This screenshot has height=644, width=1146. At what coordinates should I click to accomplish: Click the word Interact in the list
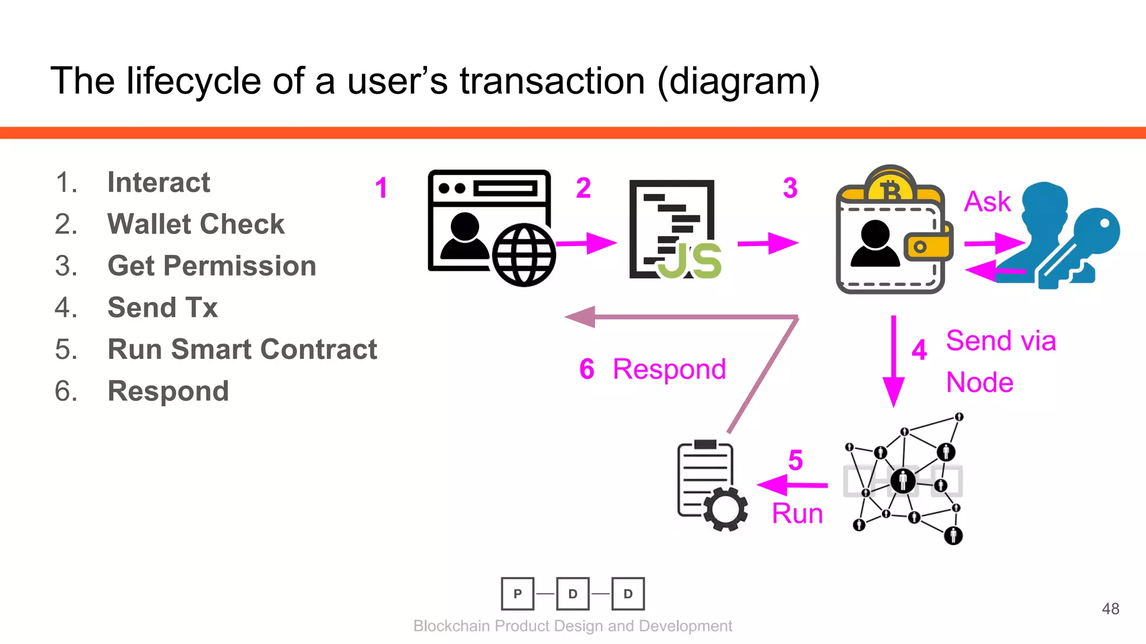158,182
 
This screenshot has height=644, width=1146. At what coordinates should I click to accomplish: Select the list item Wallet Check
195,224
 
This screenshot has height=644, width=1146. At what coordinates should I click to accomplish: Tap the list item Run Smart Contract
242,349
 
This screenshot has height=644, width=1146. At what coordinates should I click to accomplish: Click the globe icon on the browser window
524,255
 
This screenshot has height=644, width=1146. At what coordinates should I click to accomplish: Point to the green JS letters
690,262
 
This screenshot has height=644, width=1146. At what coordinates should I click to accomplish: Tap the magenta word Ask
987,202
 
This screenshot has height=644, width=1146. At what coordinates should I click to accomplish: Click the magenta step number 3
790,188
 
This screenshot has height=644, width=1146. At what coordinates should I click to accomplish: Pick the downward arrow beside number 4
893,361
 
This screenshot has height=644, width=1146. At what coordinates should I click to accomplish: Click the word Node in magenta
979,383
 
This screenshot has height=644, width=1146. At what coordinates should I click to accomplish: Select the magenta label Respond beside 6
669,370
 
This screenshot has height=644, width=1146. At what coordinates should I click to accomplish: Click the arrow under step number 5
792,485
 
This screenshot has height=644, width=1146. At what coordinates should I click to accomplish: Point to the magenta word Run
797,513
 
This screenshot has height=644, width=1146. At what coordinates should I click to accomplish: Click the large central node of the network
903,481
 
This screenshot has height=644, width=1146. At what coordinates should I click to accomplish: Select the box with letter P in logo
518,594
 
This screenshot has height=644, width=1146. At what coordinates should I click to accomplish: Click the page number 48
1110,609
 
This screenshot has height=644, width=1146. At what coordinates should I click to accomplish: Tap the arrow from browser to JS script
585,243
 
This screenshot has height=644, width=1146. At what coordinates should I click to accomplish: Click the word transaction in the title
552,82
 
